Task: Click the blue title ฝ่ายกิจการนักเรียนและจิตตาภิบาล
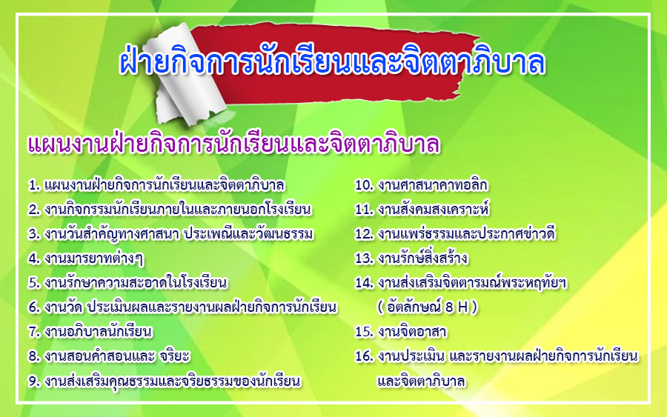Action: point(332,62)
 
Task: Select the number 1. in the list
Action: point(34,185)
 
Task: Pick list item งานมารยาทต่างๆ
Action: point(93,258)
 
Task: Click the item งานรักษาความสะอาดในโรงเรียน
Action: point(136,283)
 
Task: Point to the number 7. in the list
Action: point(34,332)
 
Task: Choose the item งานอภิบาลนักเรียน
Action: point(98,332)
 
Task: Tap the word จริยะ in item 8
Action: point(174,356)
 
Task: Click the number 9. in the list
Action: point(34,381)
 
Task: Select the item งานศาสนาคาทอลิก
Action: point(433,185)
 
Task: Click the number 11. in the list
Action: point(364,210)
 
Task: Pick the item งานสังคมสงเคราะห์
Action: point(434,209)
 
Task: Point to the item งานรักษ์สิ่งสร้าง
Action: point(422,258)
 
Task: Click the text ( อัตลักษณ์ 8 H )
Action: point(428,307)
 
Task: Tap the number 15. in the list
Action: point(364,332)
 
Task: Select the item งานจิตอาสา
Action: point(412,332)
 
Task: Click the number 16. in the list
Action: point(364,356)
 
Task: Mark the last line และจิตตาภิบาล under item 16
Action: point(421,381)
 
